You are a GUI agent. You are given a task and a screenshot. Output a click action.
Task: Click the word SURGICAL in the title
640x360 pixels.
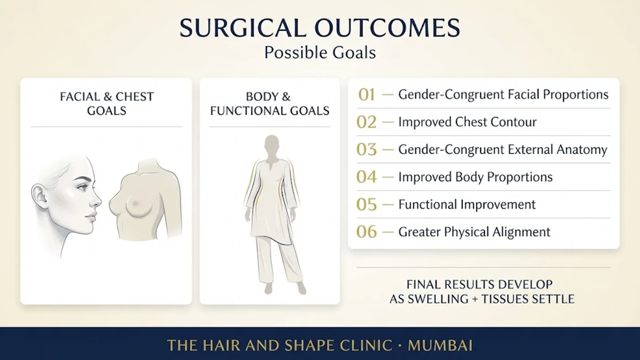click(x=243, y=28)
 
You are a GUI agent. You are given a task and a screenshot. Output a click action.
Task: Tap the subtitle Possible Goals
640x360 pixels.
click(x=320, y=53)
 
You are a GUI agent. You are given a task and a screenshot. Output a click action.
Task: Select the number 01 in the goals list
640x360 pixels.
click(x=367, y=95)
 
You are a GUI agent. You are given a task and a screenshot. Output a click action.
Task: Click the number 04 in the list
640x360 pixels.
click(x=367, y=177)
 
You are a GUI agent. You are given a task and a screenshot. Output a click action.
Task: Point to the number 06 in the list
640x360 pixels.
click(x=367, y=232)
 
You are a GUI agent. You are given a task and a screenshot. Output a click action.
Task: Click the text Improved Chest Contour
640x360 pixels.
click(x=467, y=122)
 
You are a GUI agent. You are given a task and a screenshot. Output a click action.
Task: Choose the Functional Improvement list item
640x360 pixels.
click(x=467, y=204)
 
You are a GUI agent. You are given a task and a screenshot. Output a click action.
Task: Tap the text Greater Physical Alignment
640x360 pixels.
click(x=475, y=232)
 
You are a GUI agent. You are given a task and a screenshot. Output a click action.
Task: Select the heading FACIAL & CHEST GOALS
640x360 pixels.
click(x=107, y=104)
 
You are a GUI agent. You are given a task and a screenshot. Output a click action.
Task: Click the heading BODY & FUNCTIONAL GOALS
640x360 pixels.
click(x=270, y=104)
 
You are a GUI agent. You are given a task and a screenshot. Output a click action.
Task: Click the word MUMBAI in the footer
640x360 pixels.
click(x=440, y=345)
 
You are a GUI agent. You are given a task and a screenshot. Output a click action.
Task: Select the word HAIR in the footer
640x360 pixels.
click(x=221, y=345)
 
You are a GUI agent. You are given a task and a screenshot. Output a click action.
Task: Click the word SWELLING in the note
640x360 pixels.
click(x=438, y=299)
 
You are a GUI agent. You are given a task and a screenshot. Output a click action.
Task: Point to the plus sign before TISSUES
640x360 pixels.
click(x=475, y=299)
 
